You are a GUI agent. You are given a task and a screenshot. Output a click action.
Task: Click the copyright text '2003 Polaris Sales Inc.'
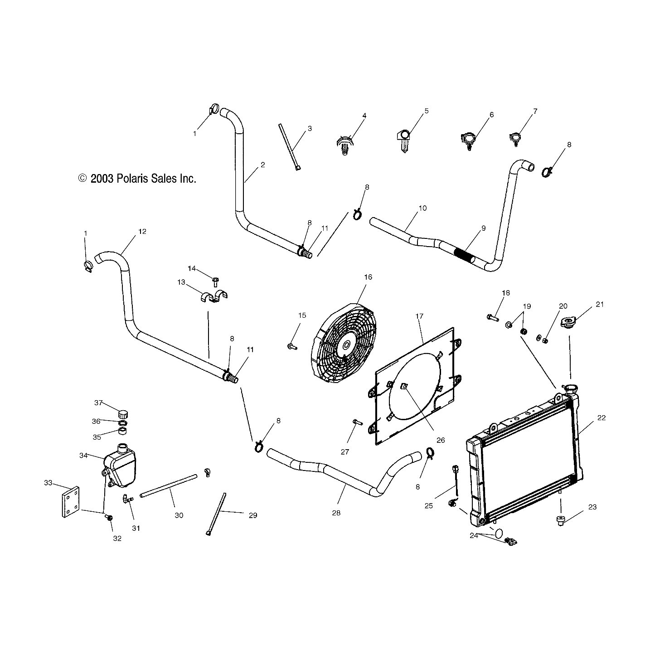click(x=137, y=179)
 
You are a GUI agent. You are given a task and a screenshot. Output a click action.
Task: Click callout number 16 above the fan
click(x=368, y=277)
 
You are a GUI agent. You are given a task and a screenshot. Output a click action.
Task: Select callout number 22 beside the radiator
click(x=601, y=418)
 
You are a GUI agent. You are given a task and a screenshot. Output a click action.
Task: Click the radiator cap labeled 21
click(x=568, y=323)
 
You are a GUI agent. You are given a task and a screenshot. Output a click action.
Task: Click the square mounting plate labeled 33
click(x=69, y=502)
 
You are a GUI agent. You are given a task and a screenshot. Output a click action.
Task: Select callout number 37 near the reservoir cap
click(x=98, y=403)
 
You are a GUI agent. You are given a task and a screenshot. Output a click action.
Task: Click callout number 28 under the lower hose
click(x=336, y=513)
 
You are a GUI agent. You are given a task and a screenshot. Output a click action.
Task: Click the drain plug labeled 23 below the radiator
click(x=561, y=521)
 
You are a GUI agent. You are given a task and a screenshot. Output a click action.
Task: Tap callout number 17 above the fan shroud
click(x=419, y=316)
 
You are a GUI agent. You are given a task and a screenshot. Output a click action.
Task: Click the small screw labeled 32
click(x=109, y=518)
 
